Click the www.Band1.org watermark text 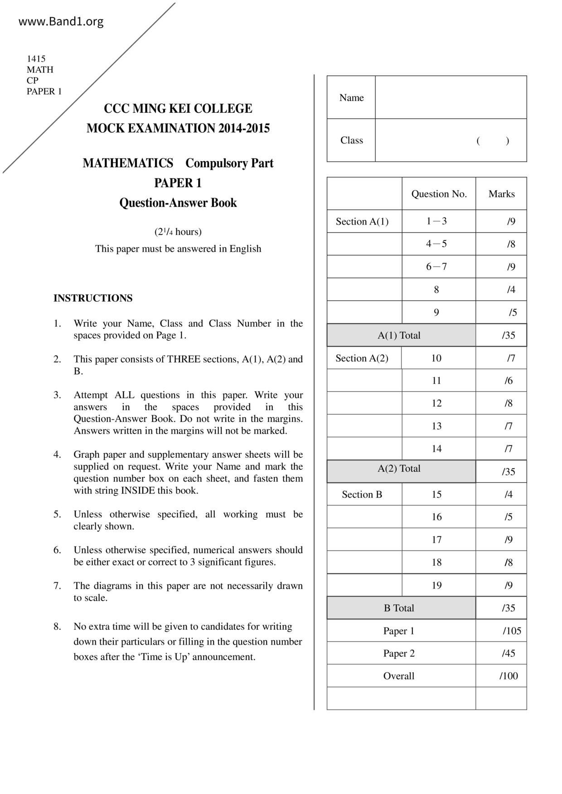[61, 21]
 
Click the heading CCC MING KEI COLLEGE [178, 109]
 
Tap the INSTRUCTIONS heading [93, 298]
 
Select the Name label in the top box [351, 98]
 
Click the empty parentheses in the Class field [493, 140]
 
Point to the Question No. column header [439, 194]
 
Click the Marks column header [501, 194]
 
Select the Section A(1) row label [362, 221]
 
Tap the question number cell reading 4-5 [436, 244]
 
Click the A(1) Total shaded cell [399, 335]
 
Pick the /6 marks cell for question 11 [509, 381]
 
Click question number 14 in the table [436, 449]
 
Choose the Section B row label [362, 494]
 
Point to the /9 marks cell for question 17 [509, 540]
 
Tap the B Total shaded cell [399, 608]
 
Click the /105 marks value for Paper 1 [512, 631]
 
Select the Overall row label [399, 676]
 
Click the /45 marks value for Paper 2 [509, 653]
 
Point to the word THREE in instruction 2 [184, 359]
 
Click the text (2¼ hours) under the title [178, 232]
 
